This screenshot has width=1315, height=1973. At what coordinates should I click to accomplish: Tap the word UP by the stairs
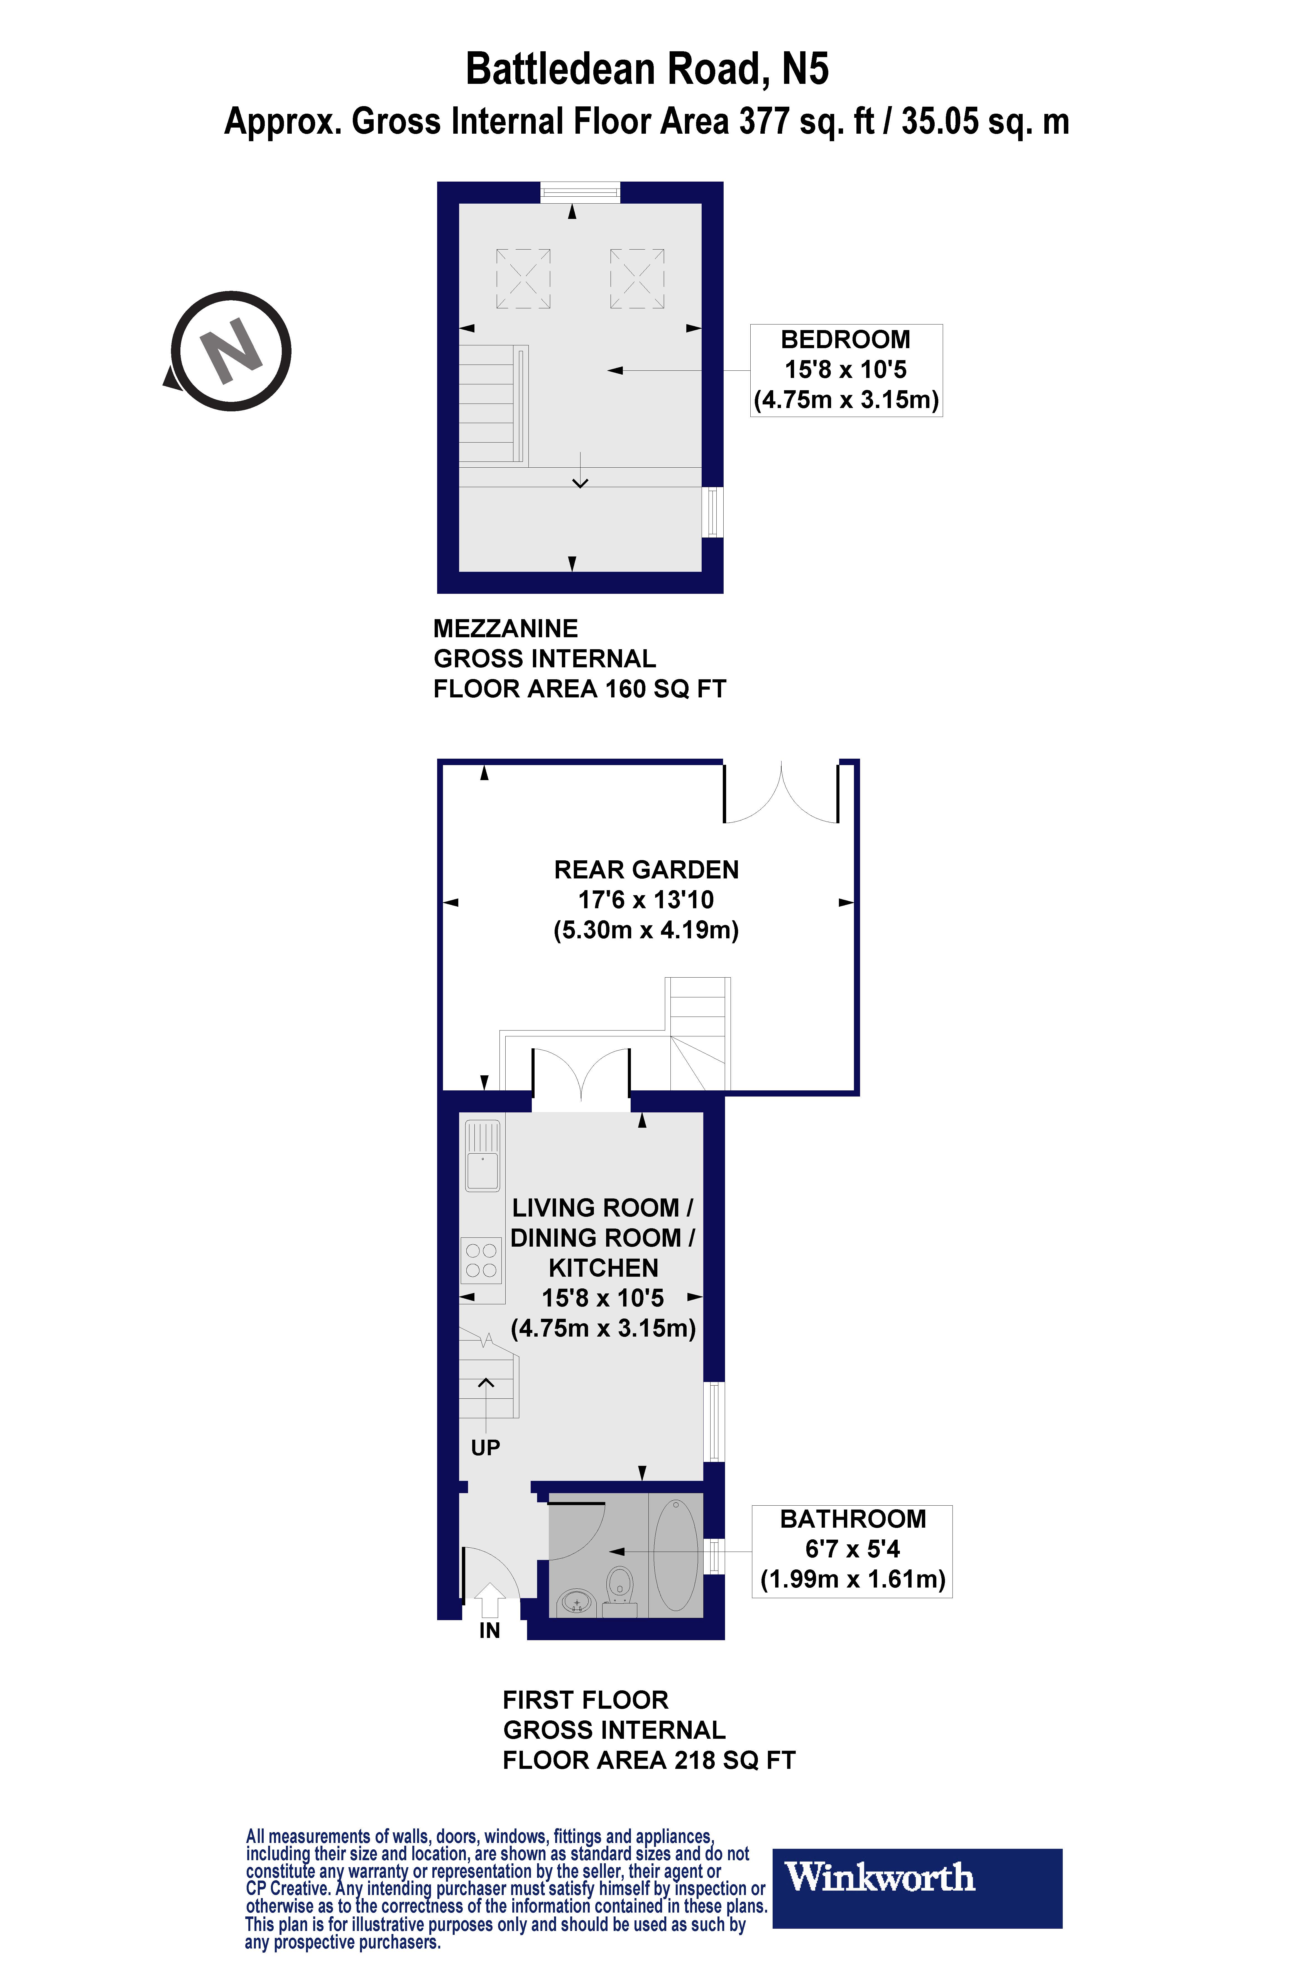[x=486, y=1447]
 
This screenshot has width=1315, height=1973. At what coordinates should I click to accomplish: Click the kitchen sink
[x=483, y=1158]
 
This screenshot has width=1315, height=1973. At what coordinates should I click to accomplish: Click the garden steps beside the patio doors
[x=698, y=1034]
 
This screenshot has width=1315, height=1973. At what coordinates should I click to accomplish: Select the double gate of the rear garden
[x=781, y=793]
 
